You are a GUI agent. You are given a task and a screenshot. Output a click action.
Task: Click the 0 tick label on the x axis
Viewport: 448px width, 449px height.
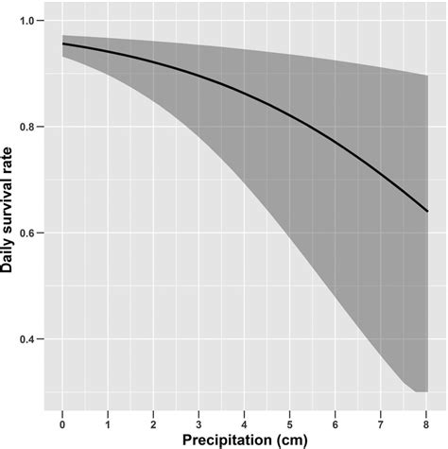point(62,416)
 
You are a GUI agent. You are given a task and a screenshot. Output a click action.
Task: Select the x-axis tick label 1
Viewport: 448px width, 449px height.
point(109,416)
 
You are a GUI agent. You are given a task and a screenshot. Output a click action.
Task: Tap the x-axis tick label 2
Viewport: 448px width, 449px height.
point(154,416)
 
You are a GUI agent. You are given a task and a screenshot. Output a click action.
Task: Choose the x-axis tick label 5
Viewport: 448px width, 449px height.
point(291,416)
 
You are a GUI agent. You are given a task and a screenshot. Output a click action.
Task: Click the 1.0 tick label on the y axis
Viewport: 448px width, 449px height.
point(30,21)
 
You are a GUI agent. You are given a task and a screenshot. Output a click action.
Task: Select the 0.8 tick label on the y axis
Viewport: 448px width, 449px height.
point(30,127)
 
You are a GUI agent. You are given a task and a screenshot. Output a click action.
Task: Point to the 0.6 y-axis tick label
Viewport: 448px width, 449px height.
point(30,233)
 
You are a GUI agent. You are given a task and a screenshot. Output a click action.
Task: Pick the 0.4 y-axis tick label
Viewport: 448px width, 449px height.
point(30,338)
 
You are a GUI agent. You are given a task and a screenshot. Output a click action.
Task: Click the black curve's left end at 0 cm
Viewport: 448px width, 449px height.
point(62,44)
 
